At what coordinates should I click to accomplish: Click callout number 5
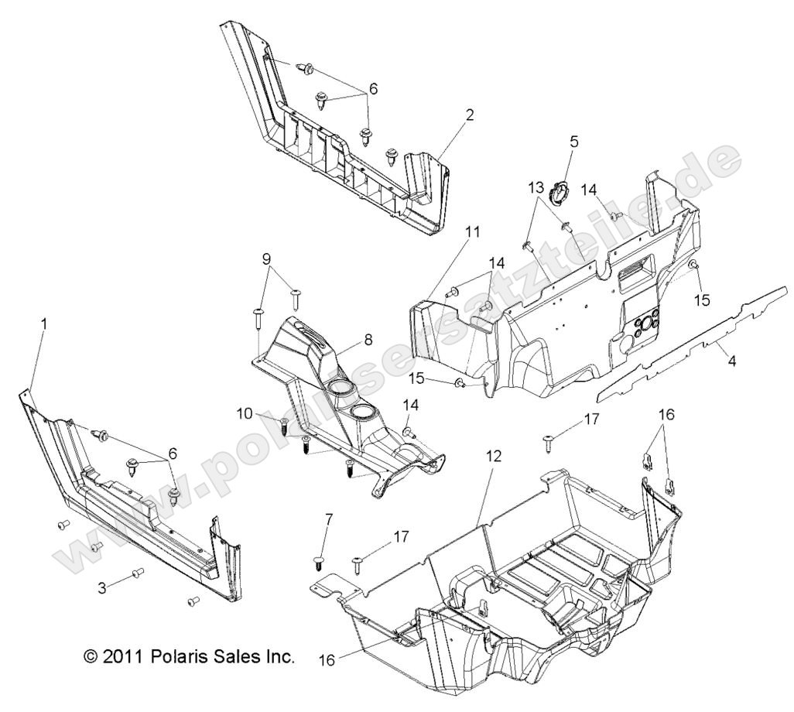click(x=573, y=142)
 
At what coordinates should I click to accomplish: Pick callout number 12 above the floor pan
click(x=494, y=457)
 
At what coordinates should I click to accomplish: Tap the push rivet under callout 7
click(x=319, y=559)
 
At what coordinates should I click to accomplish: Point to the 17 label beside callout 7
click(x=401, y=536)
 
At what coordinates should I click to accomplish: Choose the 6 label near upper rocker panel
click(x=373, y=90)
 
